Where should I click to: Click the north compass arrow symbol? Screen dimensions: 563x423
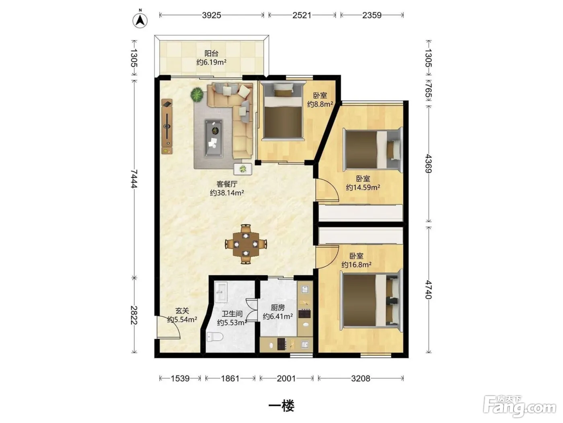[x=140, y=20]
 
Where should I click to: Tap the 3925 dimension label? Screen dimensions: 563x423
[x=212, y=15]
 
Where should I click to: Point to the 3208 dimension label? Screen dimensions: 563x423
[x=361, y=378]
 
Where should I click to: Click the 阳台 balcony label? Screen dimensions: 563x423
[x=212, y=54]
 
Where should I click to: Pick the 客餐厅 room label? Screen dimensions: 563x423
[x=227, y=184]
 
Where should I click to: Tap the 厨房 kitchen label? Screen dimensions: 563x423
[x=278, y=307]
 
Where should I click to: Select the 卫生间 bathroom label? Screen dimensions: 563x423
[x=232, y=313]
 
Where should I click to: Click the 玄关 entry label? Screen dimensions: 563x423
[x=182, y=311]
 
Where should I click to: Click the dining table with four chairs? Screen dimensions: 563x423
[x=246, y=244]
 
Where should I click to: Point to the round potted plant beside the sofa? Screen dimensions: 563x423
[x=197, y=94]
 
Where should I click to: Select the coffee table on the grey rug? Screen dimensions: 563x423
[x=214, y=138]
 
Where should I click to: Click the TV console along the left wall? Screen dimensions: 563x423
[x=167, y=126]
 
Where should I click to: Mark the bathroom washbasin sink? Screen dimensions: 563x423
[x=221, y=292]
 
